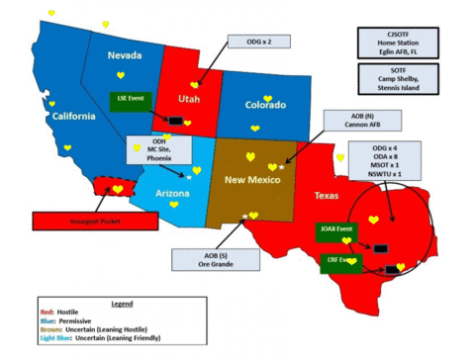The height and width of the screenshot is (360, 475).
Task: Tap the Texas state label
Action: coord(326,196)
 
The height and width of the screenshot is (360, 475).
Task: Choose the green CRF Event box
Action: coord(340,259)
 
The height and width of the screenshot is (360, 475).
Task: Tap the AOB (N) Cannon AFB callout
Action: coord(362,120)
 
